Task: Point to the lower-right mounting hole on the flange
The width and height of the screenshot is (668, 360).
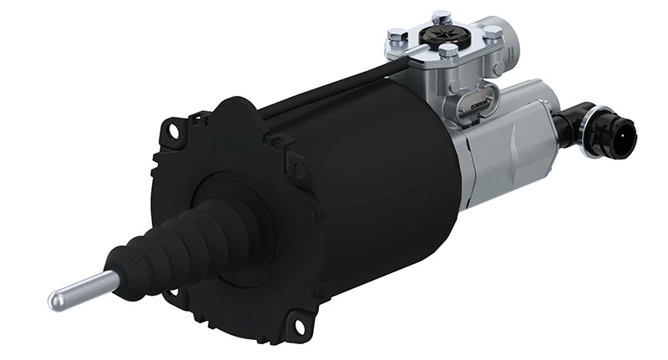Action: (293, 322)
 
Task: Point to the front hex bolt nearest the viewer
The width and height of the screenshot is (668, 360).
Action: (448, 51)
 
